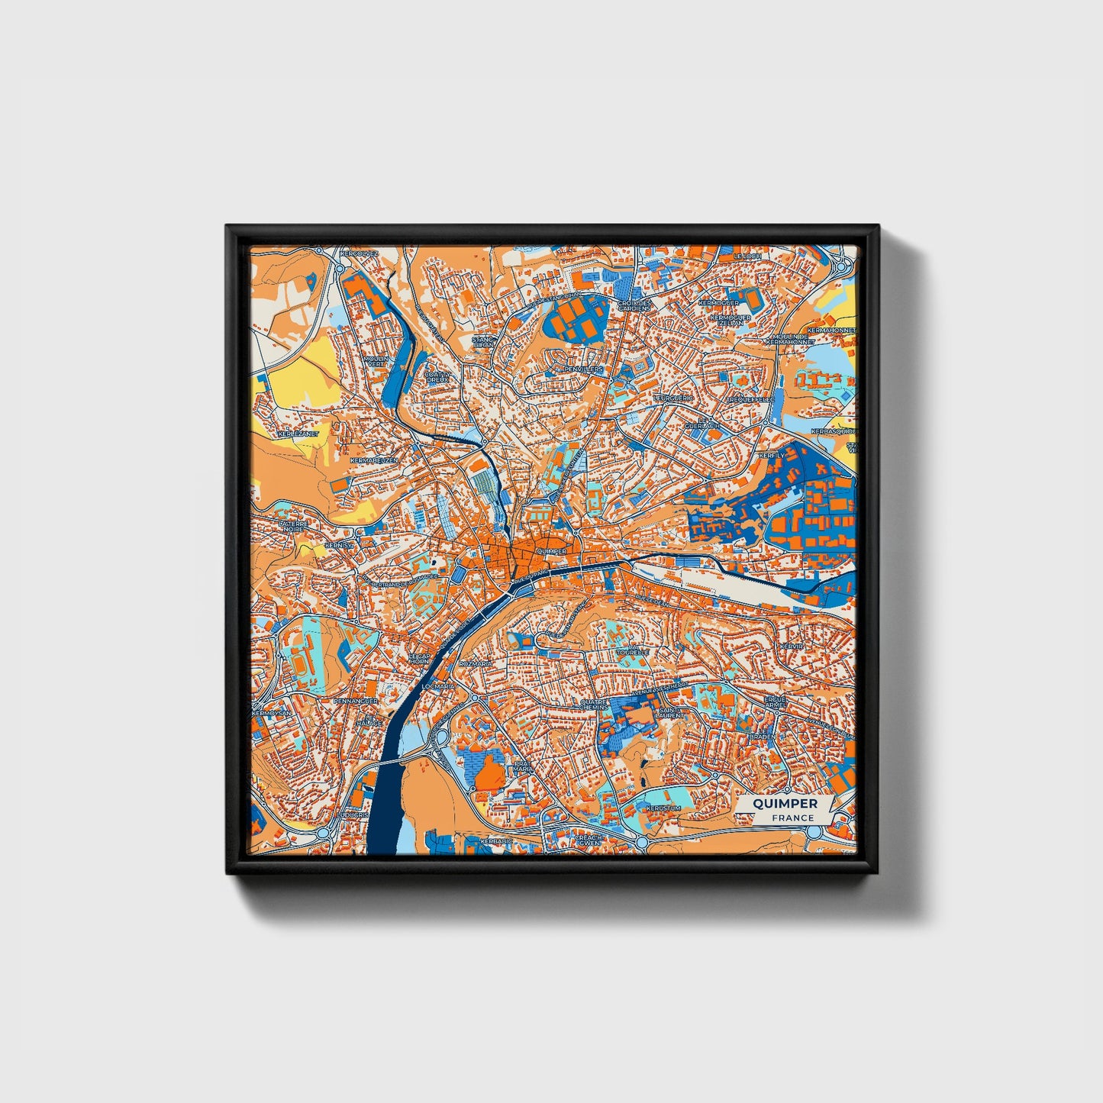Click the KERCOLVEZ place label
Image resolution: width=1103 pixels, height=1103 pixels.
(359, 253)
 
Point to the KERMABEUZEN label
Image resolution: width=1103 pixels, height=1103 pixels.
(373, 461)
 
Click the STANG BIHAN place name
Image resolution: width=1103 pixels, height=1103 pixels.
(484, 341)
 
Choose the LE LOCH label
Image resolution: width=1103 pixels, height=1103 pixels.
(747, 256)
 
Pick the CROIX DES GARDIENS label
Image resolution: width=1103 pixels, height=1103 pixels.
(635, 305)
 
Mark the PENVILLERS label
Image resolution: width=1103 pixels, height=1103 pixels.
(583, 369)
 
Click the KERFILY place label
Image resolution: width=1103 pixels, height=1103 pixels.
(771, 456)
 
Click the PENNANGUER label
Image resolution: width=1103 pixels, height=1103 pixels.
(355, 700)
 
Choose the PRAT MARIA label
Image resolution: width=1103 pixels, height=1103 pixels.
(523, 766)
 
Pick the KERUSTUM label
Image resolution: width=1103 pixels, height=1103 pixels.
(663, 808)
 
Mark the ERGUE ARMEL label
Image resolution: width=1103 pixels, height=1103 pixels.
(775, 702)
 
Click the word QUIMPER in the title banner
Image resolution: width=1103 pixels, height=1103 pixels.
(785, 804)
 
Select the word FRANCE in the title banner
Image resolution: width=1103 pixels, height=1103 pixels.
(792, 818)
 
